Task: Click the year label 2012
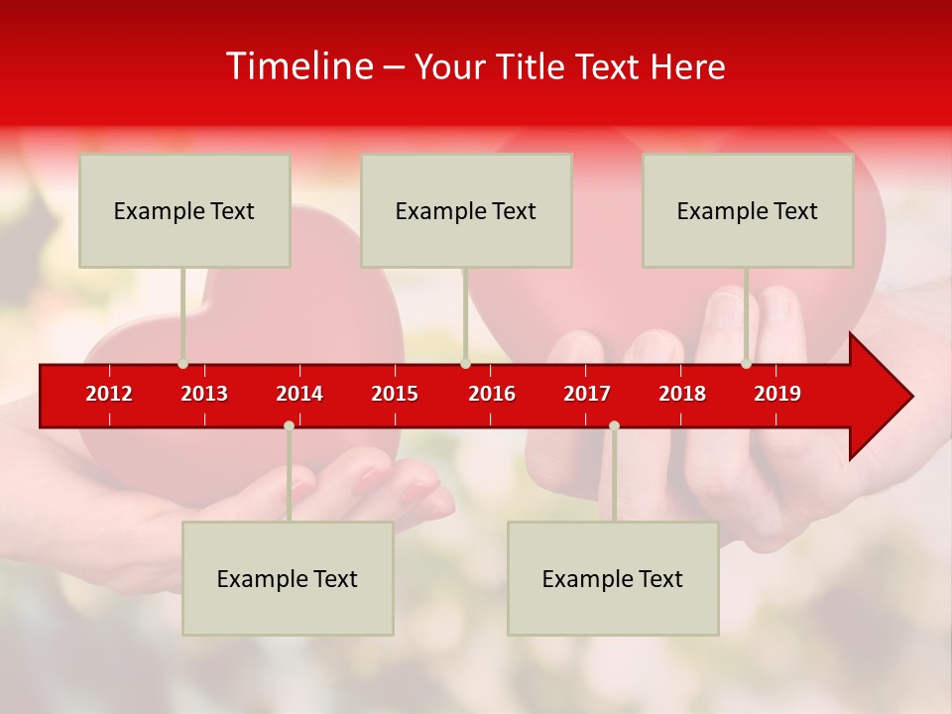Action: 109,394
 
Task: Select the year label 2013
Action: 204,394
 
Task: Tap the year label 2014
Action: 299,394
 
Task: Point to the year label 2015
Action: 395,394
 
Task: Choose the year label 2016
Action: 492,394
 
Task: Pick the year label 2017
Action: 587,394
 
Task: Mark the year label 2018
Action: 682,394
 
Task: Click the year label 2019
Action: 777,394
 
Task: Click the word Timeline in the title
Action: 298,66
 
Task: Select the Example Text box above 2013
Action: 184,210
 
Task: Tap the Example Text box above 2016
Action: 466,210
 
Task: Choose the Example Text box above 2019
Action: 748,210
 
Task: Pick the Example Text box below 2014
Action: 288,578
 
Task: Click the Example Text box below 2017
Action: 613,578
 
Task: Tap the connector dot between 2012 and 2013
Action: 182,364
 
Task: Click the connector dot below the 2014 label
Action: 289,425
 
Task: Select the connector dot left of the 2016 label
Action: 465,364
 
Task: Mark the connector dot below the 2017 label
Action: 614,425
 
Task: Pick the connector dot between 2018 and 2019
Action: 746,364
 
